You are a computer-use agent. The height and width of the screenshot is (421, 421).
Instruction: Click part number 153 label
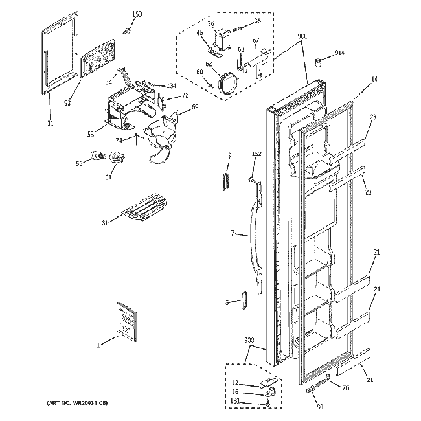[x=137, y=14]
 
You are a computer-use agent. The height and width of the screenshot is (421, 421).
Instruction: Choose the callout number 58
[x=91, y=133]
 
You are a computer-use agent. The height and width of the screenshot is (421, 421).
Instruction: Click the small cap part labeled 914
[x=319, y=61]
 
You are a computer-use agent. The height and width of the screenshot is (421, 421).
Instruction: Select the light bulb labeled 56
[x=99, y=155]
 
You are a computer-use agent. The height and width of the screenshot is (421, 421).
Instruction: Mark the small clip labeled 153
[x=130, y=28]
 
